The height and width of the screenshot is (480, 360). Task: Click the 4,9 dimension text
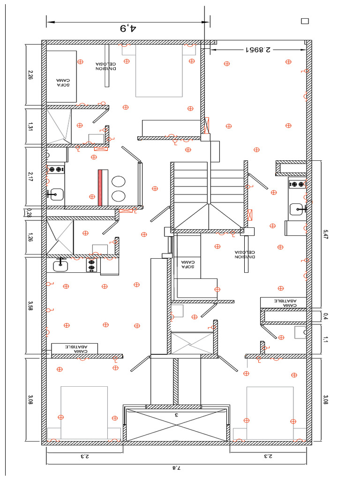click(128, 29)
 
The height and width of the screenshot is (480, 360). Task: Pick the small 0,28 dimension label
click(30, 213)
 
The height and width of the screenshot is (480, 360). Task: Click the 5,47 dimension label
click(325, 234)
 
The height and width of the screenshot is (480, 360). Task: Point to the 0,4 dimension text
click(325, 316)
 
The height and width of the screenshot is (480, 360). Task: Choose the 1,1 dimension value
click(325, 339)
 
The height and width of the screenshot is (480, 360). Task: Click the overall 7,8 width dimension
click(177, 468)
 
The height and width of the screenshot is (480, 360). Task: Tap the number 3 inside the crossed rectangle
click(177, 415)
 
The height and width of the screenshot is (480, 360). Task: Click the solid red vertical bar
click(100, 187)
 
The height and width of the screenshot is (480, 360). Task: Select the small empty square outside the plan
click(305, 21)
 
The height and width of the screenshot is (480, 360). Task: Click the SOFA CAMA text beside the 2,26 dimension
click(63, 82)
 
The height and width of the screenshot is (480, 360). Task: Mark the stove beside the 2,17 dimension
click(56, 169)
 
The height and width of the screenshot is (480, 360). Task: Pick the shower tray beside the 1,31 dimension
click(59, 126)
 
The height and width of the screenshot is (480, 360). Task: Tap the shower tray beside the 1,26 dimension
click(60, 237)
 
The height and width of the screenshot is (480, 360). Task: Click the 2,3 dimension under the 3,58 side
click(84, 456)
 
